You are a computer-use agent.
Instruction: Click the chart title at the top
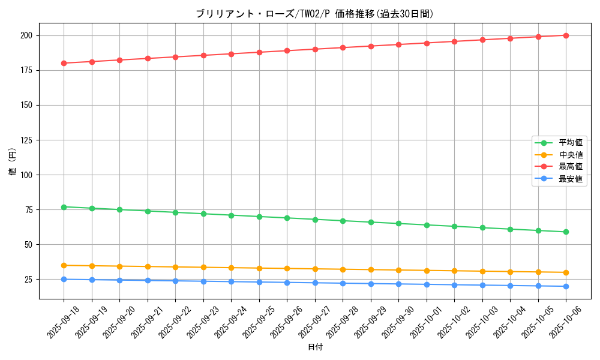click(314, 14)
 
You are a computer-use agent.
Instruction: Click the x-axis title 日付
click(315, 347)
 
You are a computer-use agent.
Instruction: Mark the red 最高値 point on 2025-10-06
click(566, 35)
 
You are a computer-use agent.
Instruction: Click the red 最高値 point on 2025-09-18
click(64, 63)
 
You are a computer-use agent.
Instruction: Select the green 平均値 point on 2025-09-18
click(64, 207)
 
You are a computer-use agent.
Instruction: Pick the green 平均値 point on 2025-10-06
click(566, 232)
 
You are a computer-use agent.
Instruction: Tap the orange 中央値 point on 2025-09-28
click(343, 269)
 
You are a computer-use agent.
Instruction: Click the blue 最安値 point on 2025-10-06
click(566, 286)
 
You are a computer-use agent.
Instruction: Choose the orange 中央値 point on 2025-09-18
click(64, 265)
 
